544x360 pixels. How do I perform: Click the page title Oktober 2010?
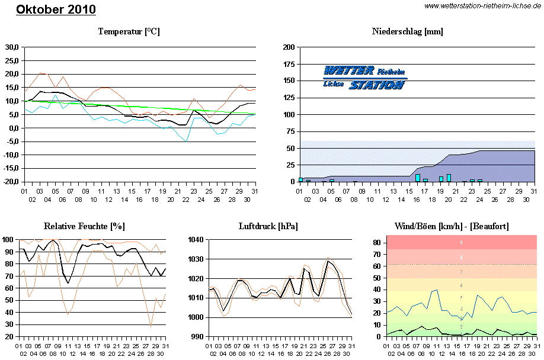(x=56, y=10)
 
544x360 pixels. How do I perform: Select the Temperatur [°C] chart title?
(x=129, y=31)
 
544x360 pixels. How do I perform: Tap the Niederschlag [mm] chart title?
(x=408, y=31)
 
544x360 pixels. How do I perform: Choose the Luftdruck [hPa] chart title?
(x=268, y=226)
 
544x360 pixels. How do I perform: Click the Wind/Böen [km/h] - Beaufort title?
(x=452, y=226)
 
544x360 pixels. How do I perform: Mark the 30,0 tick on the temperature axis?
(x=12, y=47)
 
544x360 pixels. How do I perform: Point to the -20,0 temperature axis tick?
(x=11, y=182)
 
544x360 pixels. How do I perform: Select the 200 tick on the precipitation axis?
(x=289, y=47)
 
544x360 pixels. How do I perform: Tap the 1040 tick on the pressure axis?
(x=196, y=240)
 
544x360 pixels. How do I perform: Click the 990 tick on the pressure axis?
(x=197, y=336)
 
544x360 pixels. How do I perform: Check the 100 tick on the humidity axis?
(x=8, y=240)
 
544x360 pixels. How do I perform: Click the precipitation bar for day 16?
(x=418, y=178)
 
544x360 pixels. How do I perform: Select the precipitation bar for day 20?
(x=449, y=178)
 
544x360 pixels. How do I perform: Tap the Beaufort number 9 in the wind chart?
(x=462, y=243)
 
